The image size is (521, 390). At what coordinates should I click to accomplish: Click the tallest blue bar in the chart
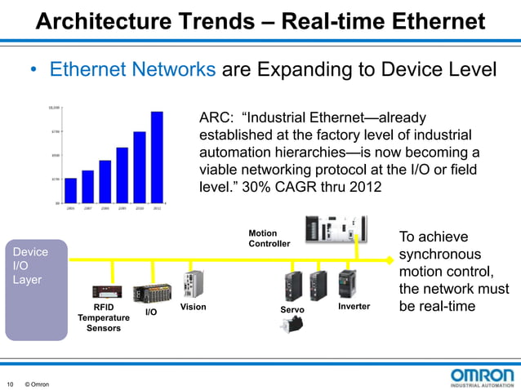click(x=157, y=157)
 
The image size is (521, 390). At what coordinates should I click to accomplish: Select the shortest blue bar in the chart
click(x=70, y=190)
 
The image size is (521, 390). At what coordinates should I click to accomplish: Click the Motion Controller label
click(x=269, y=238)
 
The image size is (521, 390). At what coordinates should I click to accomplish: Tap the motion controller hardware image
click(x=335, y=229)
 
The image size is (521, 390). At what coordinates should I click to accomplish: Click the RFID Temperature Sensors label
click(x=104, y=317)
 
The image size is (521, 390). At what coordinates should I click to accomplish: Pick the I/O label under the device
click(x=151, y=312)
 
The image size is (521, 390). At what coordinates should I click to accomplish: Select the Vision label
click(x=193, y=307)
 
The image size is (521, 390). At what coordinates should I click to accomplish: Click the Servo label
click(x=292, y=310)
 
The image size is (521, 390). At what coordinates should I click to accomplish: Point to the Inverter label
click(x=354, y=307)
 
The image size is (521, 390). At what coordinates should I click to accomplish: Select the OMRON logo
click(x=482, y=378)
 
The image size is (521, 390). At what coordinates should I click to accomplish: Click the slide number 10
click(x=10, y=384)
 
